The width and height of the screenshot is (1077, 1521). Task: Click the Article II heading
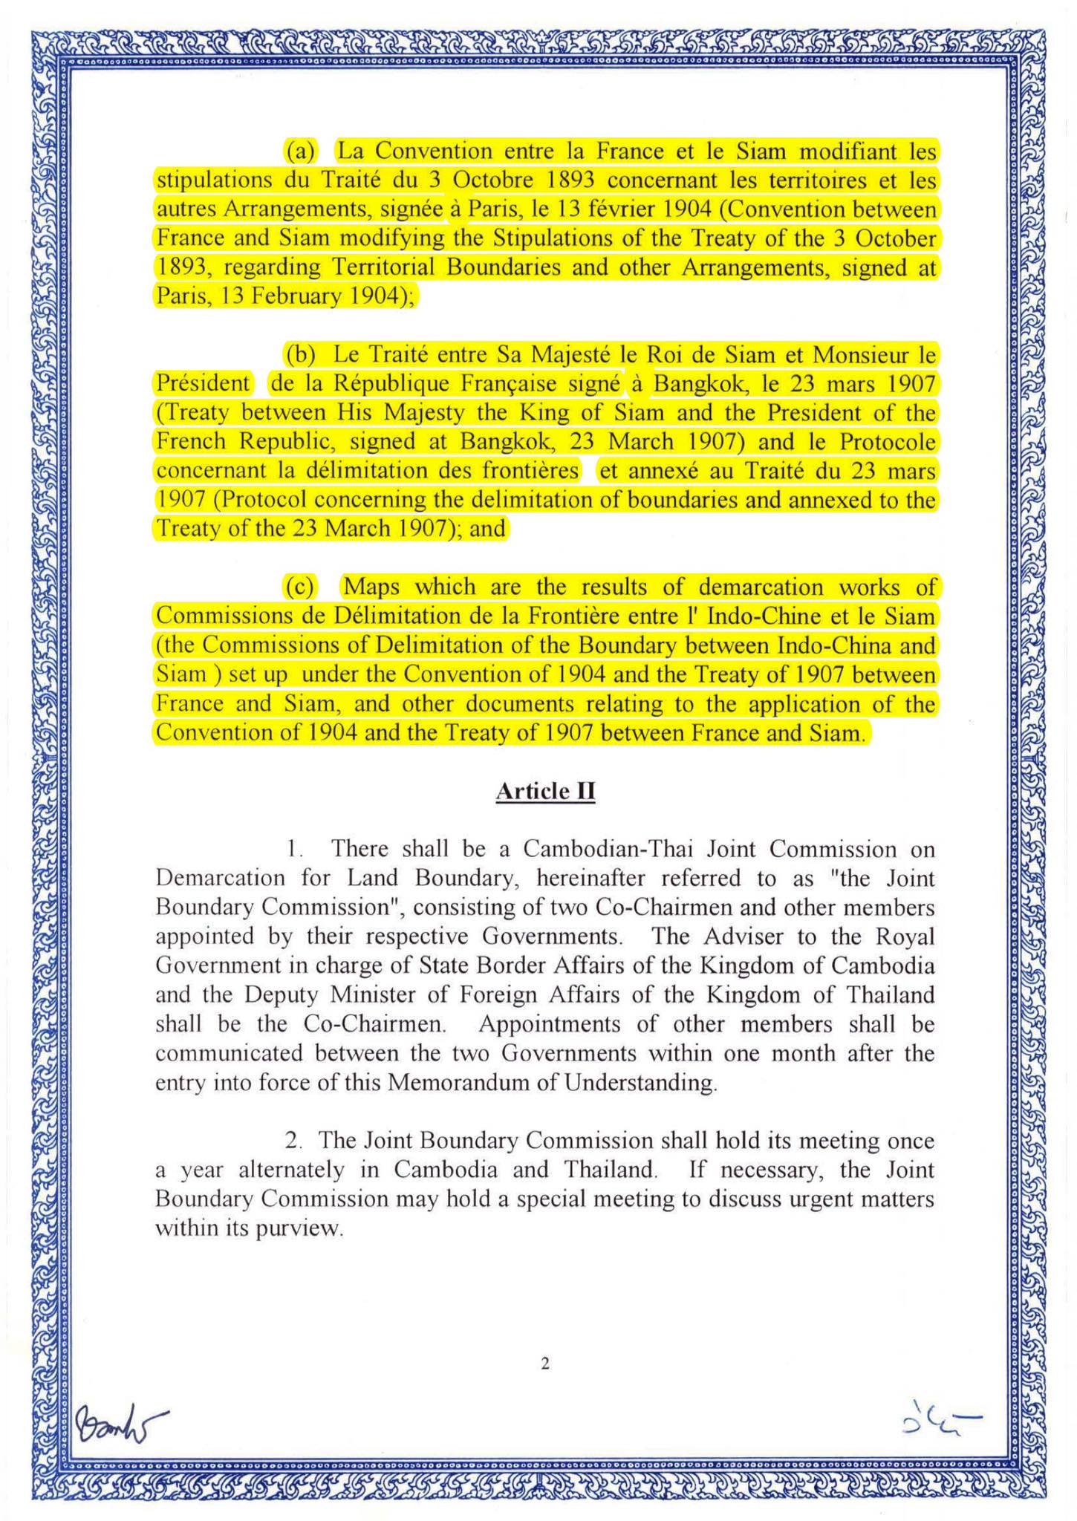545,791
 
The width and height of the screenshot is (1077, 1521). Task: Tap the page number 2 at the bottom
545,1364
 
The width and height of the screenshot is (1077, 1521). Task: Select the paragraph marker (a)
301,152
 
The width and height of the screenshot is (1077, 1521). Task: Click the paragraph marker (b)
301,354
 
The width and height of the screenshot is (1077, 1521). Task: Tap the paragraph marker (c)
301,587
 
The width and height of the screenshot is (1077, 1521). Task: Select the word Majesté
572,354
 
